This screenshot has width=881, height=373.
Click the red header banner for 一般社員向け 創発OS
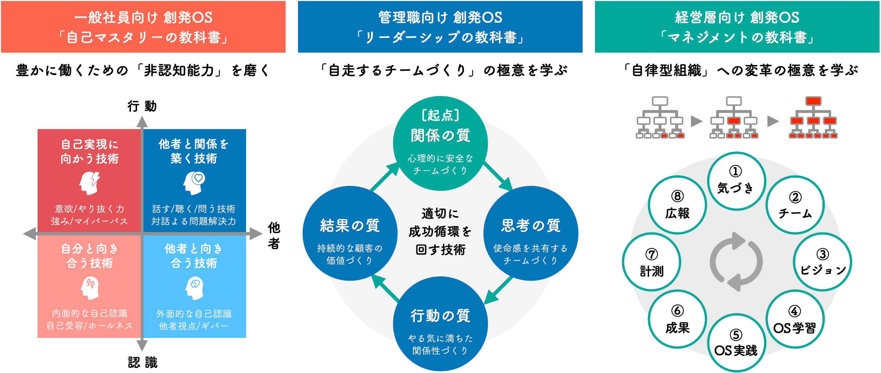[143, 27]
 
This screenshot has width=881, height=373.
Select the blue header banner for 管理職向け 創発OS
[440, 27]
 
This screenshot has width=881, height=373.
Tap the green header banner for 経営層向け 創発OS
[737, 27]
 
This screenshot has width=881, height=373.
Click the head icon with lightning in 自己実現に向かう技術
[89, 183]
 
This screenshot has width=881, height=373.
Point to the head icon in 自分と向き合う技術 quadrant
[89, 288]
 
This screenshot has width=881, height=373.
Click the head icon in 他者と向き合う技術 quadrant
[194, 288]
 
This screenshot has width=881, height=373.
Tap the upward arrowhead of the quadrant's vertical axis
[142, 122]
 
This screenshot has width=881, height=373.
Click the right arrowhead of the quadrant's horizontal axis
[256, 234]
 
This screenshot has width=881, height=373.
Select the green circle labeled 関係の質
[440, 143]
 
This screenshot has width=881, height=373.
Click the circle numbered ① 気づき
[736, 181]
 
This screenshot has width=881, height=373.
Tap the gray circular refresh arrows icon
[736, 261]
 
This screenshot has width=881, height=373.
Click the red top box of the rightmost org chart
[813, 101]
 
